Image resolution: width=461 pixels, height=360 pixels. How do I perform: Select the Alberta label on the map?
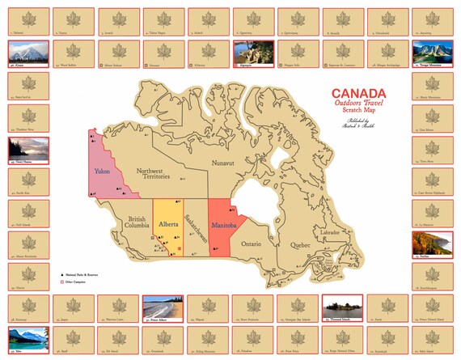coord(168,222)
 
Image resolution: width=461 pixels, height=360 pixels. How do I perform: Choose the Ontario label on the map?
coord(252,243)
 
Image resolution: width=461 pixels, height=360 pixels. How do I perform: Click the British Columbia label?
coord(136,222)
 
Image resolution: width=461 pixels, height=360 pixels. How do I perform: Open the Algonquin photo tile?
coord(252,53)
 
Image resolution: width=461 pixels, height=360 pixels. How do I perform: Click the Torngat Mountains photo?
coord(431,53)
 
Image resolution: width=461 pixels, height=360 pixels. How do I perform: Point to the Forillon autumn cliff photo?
coord(431,244)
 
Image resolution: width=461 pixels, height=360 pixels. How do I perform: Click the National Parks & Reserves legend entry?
coord(82,275)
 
